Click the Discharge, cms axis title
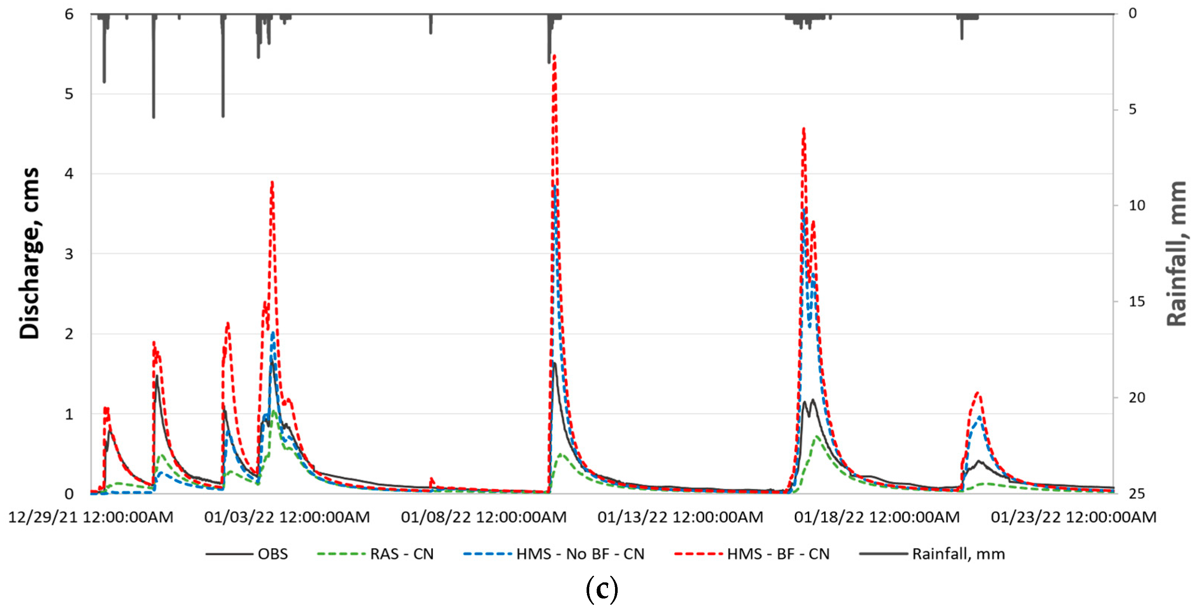[29, 254]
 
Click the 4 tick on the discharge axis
[69, 174]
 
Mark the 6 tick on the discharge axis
[69, 14]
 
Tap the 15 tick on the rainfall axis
[1136, 301]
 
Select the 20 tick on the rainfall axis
[1136, 397]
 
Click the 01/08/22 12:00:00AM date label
[483, 517]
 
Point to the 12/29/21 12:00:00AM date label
[91, 517]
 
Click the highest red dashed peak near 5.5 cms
[554, 56]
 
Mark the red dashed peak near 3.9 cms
[272, 183]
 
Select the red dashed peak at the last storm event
[977, 393]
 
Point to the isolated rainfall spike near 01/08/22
[431, 25]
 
